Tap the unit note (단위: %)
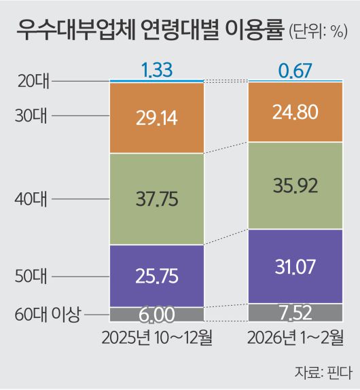pyautogui.click(x=319, y=32)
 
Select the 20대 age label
pyautogui.click(x=31, y=81)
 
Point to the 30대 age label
pyautogui.click(x=31, y=116)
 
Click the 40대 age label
pyautogui.click(x=31, y=199)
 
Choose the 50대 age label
pyautogui.click(x=31, y=277)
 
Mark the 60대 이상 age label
pyautogui.click(x=47, y=314)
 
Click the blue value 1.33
pyautogui.click(x=157, y=69)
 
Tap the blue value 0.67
pyautogui.click(x=295, y=69)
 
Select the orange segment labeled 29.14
pyautogui.click(x=157, y=118)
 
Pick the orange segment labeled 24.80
pyautogui.click(x=295, y=112)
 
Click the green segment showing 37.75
pyautogui.click(x=157, y=199)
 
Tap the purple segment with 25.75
pyautogui.click(x=157, y=275)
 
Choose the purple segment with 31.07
pyautogui.click(x=295, y=266)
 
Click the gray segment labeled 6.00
pyautogui.click(x=157, y=314)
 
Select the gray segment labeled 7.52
pyautogui.click(x=295, y=312)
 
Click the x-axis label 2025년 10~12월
pyautogui.click(x=157, y=338)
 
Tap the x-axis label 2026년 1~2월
pyautogui.click(x=295, y=338)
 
